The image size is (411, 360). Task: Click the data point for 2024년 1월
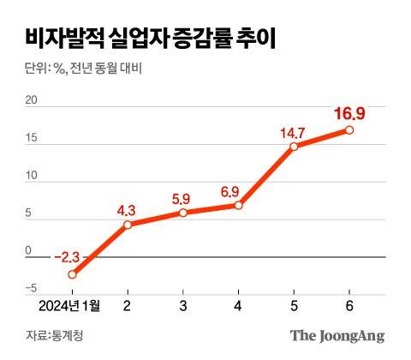click(72, 274)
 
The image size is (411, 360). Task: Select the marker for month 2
click(128, 225)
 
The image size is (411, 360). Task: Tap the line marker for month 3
click(182, 213)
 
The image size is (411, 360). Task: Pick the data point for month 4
click(238, 205)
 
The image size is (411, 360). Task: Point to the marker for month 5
click(294, 147)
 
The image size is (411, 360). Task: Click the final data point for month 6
click(349, 130)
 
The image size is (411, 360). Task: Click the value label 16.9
click(349, 112)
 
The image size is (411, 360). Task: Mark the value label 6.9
click(237, 189)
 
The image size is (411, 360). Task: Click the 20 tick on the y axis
click(33, 101)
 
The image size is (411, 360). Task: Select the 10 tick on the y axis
click(33, 177)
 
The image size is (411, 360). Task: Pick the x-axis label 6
click(349, 306)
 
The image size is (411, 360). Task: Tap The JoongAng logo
click(337, 335)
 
